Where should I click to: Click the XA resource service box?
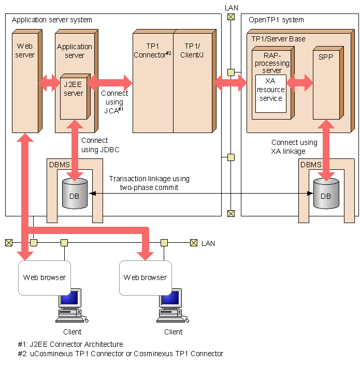pyautogui.click(x=270, y=94)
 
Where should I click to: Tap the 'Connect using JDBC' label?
pyautogui.click(x=94, y=145)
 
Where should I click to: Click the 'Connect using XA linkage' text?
pyautogui.click(x=294, y=147)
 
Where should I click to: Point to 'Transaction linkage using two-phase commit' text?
pyautogui.click(x=149, y=183)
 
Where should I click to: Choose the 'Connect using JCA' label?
pyautogui.click(x=114, y=102)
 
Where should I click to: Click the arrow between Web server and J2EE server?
pyautogui.click(x=50, y=82)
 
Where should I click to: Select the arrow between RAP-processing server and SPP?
pyautogui.click(x=300, y=82)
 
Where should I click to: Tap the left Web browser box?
pyautogui.click(x=44, y=277)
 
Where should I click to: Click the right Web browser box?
pyautogui.click(x=145, y=277)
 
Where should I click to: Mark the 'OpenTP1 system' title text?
pyautogui.click(x=276, y=20)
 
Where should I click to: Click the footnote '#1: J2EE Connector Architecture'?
pyautogui.click(x=70, y=344)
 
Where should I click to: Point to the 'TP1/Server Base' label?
pyautogui.click(x=278, y=39)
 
